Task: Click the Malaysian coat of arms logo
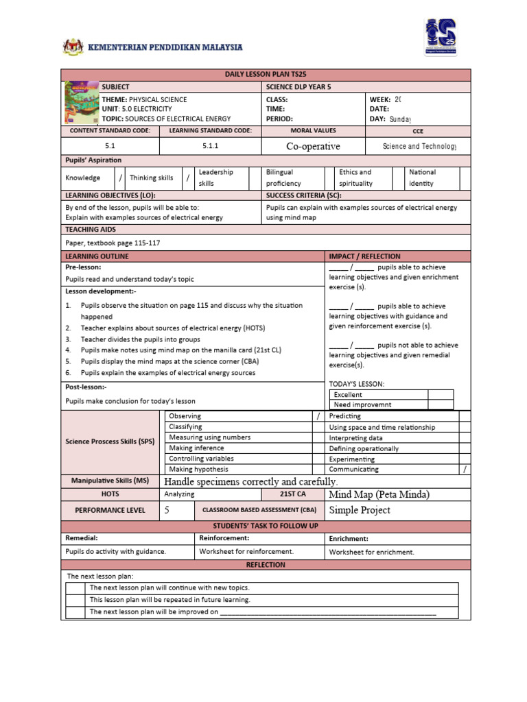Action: (x=71, y=48)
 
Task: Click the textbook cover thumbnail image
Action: (x=80, y=103)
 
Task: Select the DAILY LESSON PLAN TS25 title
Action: (x=266, y=75)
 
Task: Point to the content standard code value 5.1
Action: (x=110, y=146)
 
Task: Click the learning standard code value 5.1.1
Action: (x=210, y=146)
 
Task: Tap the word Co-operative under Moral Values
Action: (x=313, y=146)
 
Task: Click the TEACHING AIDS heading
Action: (x=91, y=229)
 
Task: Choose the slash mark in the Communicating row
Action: (x=465, y=470)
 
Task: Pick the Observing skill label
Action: (x=185, y=416)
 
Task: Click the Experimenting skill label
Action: (x=351, y=459)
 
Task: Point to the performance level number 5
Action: (x=167, y=510)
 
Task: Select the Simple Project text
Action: (x=360, y=510)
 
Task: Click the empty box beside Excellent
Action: (x=441, y=394)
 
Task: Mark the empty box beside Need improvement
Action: (x=441, y=404)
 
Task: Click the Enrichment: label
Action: (x=349, y=539)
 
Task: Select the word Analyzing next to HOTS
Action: (x=180, y=494)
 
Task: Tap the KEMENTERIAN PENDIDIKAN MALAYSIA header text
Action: (x=165, y=47)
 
